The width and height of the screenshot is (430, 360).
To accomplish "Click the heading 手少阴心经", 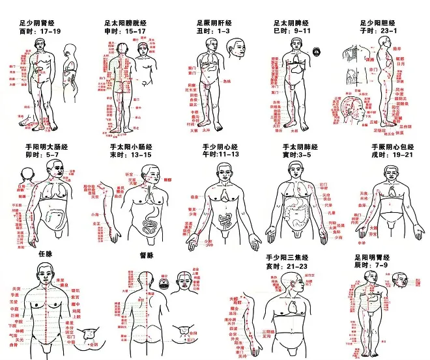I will click(x=222, y=147).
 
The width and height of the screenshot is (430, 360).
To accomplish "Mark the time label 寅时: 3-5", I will click(x=300, y=156).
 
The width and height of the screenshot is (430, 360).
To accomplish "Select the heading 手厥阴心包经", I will click(x=392, y=147).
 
